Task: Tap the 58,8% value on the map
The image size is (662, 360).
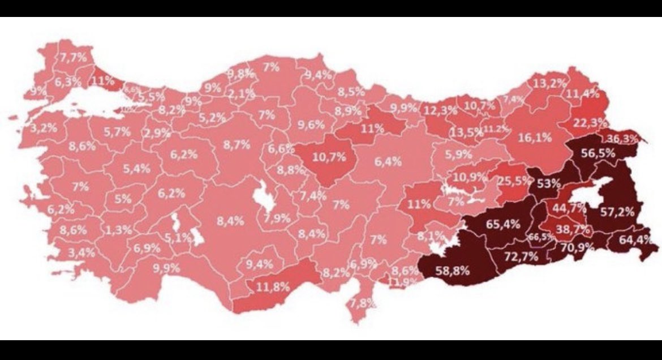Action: coord(453,270)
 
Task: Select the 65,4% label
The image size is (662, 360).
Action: coord(503,224)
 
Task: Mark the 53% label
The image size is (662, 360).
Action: coord(549,183)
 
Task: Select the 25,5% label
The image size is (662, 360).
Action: coord(514,181)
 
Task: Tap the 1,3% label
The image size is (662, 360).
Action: coord(119,230)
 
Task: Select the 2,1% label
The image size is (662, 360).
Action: coord(242,93)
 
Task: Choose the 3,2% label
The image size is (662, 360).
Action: coord(44,128)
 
